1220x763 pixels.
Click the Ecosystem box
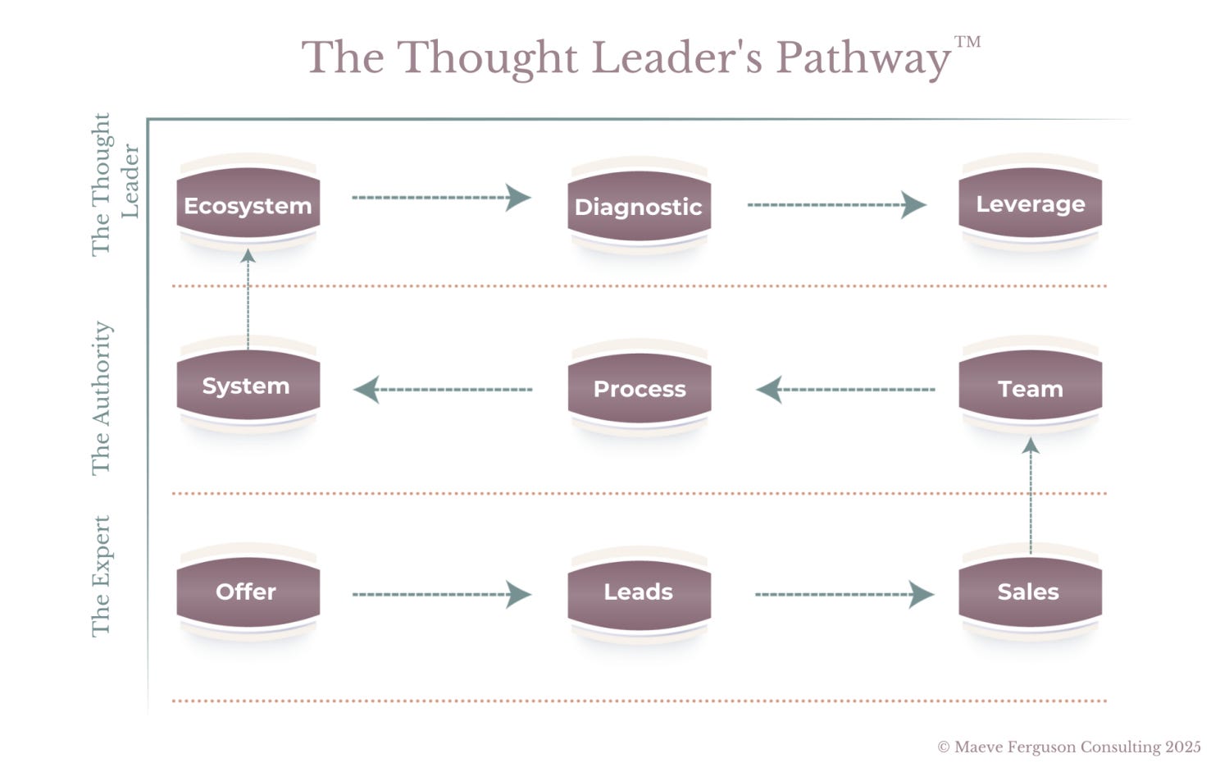point(248,205)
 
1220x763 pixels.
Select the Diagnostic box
point(639,207)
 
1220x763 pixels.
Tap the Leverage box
point(1030,204)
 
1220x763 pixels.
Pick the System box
point(248,386)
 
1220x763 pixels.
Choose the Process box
point(639,389)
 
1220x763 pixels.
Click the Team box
point(1030,388)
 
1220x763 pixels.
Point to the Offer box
point(248,592)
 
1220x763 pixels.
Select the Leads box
point(639,592)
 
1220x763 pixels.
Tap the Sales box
point(1030,592)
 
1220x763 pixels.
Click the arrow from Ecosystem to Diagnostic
point(441,198)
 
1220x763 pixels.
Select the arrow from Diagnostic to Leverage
point(836,204)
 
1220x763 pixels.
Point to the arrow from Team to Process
point(844,390)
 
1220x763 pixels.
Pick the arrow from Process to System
point(443,390)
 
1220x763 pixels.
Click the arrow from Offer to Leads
point(441,594)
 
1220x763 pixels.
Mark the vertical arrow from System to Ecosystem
point(248,299)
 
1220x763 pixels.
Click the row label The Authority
point(101,398)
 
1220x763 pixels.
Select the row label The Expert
point(101,576)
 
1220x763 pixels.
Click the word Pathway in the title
point(863,57)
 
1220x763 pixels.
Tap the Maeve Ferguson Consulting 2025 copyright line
point(1069,747)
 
